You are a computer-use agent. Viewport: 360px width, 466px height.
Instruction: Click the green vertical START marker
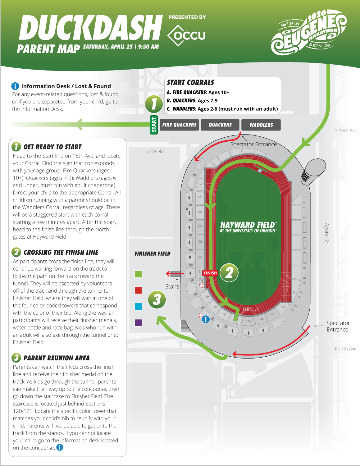click(x=154, y=125)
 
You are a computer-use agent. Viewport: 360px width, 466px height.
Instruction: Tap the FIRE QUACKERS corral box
click(x=180, y=125)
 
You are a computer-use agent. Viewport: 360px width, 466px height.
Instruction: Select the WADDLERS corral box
click(x=261, y=125)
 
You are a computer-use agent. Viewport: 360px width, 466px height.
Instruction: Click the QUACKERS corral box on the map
click(x=220, y=125)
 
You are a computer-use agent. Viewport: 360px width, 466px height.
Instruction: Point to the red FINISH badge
click(x=210, y=273)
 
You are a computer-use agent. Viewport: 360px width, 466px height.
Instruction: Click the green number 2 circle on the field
click(x=229, y=273)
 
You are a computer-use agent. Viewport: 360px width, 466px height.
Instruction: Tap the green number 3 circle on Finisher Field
click(x=157, y=299)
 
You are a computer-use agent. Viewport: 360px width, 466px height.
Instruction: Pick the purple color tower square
click(x=139, y=322)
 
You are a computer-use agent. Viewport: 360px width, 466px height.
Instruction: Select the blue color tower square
click(x=139, y=306)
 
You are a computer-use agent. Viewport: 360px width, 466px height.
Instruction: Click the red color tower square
click(x=139, y=290)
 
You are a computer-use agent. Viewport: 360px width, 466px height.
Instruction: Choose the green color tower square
click(x=139, y=274)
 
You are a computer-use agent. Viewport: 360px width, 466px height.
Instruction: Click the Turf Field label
click(x=154, y=152)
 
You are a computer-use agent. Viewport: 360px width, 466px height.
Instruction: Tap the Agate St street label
click(x=326, y=233)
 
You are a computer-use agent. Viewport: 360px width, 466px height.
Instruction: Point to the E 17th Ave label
click(x=345, y=349)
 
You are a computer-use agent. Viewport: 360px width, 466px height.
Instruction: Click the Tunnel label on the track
click(x=250, y=309)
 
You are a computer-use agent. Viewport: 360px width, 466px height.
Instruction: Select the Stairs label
click(x=172, y=286)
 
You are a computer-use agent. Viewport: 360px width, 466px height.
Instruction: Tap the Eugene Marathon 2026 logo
click(x=309, y=33)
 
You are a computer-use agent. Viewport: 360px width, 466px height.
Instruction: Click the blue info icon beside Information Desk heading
click(x=15, y=86)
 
